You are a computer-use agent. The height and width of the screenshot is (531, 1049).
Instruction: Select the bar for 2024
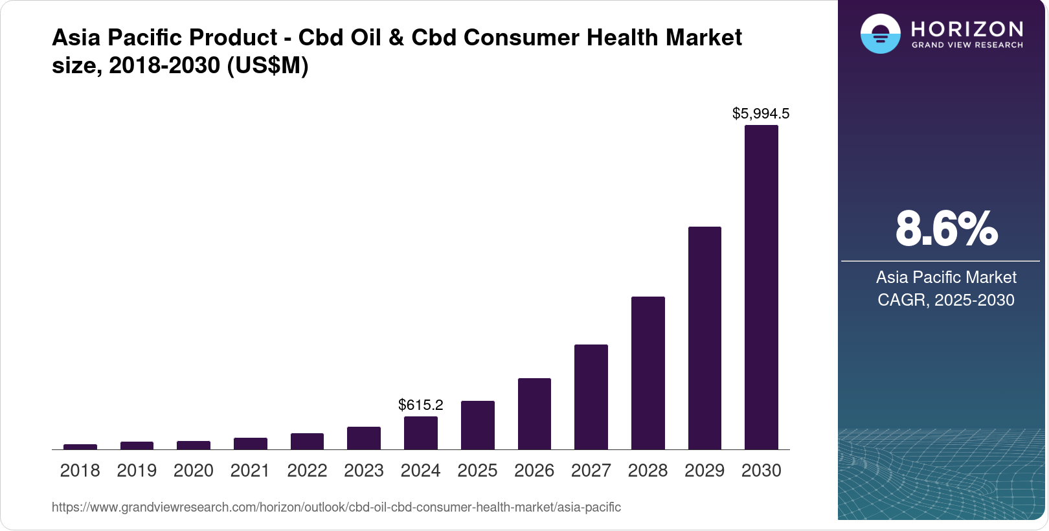click(x=420, y=433)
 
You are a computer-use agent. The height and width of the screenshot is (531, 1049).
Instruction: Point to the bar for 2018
click(x=80, y=447)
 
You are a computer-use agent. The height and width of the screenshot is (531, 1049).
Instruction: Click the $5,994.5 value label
click(x=761, y=114)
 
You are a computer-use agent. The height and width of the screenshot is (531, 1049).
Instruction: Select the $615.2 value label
click(x=420, y=405)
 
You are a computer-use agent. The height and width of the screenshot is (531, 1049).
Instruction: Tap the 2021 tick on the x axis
click(x=250, y=471)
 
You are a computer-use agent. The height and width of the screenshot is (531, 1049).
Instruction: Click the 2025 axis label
click(x=477, y=471)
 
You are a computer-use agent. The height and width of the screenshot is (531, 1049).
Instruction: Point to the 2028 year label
click(x=648, y=471)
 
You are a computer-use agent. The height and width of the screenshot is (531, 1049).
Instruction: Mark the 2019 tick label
click(x=137, y=471)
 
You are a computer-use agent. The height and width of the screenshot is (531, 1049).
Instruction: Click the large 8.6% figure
click(x=945, y=229)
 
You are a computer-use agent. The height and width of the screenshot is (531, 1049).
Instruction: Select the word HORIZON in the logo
click(x=967, y=29)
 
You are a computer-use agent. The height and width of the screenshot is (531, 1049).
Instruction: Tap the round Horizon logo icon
click(x=880, y=34)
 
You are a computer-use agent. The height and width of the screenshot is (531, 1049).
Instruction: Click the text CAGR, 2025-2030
click(x=945, y=300)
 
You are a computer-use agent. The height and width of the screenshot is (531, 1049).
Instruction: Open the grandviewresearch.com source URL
click(x=336, y=508)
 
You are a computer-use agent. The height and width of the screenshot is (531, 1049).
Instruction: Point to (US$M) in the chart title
click(x=267, y=65)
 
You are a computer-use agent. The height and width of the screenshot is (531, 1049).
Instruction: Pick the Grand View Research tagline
click(x=967, y=45)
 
